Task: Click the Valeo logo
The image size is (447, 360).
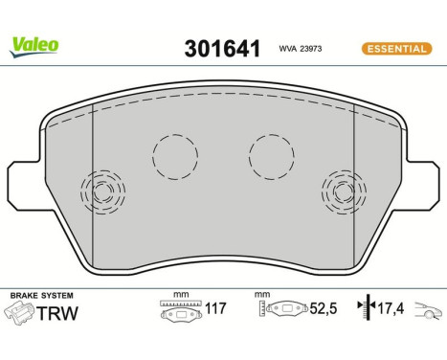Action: coord(34,43)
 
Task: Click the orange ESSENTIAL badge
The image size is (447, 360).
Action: coord(395,48)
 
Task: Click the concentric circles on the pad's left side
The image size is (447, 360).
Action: coord(103,193)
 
